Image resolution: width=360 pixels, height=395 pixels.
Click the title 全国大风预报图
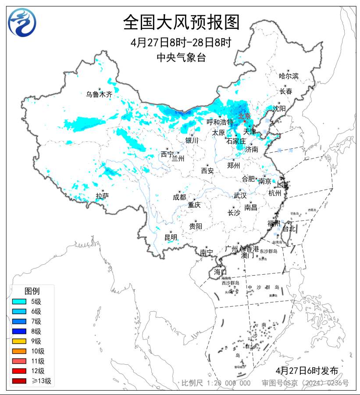(181, 22)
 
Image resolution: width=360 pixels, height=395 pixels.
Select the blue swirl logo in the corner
(22, 22)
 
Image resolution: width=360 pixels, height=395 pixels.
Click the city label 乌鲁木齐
(99, 94)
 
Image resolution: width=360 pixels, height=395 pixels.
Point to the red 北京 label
(244, 116)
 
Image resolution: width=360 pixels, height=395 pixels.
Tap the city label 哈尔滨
(289, 76)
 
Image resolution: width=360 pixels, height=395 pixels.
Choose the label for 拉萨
(102, 196)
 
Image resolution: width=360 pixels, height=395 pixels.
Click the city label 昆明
(171, 237)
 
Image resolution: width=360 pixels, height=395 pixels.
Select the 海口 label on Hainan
(220, 272)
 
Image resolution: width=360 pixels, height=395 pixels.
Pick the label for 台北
(289, 228)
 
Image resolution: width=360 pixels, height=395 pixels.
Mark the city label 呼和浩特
(220, 122)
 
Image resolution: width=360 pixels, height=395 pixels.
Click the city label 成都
(179, 197)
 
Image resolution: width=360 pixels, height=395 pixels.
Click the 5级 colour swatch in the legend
(20, 302)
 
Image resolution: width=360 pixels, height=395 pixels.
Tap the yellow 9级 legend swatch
(20, 341)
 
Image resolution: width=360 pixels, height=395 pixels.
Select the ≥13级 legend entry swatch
(20, 381)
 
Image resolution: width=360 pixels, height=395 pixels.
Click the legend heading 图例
(32, 291)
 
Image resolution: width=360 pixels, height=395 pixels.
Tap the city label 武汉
(240, 195)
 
